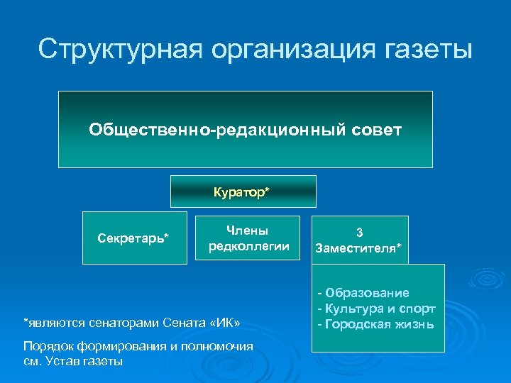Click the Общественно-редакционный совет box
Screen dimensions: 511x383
245,129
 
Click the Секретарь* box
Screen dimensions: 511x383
133,237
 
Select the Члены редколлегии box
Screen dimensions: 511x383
248,237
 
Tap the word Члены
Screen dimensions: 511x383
248,230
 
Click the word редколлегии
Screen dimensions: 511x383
248,245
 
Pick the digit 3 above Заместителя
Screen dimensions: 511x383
359,232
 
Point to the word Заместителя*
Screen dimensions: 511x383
359,248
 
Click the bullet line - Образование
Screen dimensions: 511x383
363,292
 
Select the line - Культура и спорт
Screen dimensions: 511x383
376,308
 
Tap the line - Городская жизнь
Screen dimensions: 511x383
376,323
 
